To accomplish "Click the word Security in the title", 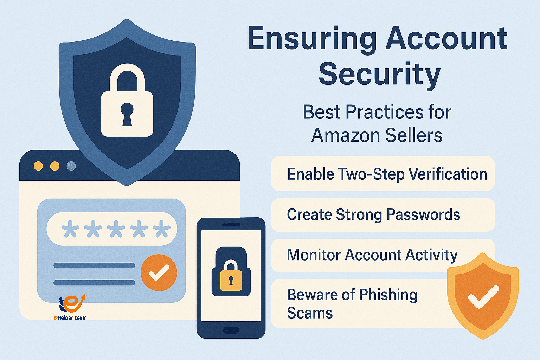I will pyautogui.click(x=379, y=74).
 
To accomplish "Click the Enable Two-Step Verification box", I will pyautogui.click(x=383, y=174).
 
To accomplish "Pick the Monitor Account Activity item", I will pyautogui.click(x=372, y=255).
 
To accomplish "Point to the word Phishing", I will pyautogui.click(x=388, y=295).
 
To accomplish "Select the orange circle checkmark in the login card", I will pyautogui.click(x=159, y=273).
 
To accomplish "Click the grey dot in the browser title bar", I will pyautogui.click(x=71, y=166).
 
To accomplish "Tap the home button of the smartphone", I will pyautogui.click(x=231, y=330).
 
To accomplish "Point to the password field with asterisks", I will pyautogui.click(x=112, y=229).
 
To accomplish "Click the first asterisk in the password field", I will pyautogui.click(x=70, y=229).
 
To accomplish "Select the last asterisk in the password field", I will pyautogui.click(x=161, y=229).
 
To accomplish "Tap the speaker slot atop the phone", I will pyautogui.click(x=231, y=224).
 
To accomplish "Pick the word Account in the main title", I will pyautogui.click(x=446, y=38).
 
